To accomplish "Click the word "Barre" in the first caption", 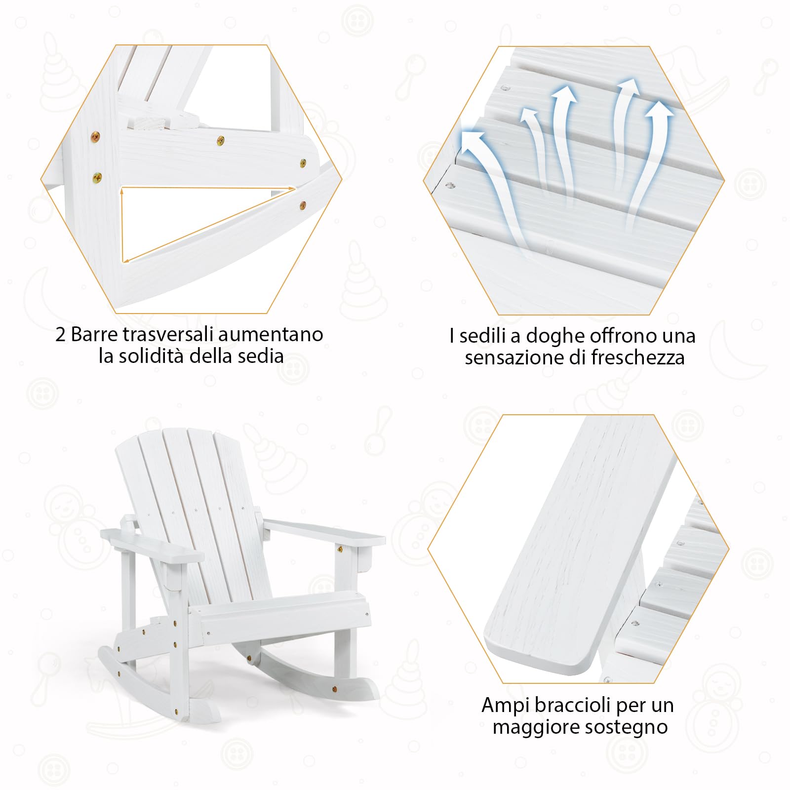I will click(x=95, y=335).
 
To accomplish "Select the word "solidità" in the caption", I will click(x=152, y=356).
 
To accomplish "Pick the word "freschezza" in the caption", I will click(x=638, y=357).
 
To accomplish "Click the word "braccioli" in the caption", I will click(x=573, y=705).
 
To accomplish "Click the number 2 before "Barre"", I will click(x=60, y=335).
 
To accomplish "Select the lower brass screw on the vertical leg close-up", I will click(x=97, y=176).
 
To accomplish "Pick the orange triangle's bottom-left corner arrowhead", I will click(x=123, y=260).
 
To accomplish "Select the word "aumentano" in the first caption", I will click(x=271, y=335).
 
